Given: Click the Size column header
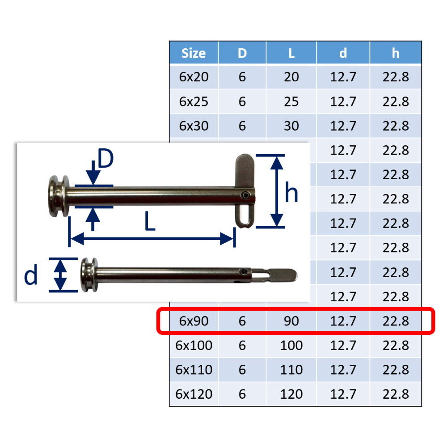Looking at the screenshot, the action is coord(194,53).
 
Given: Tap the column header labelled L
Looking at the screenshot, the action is coord(291,53).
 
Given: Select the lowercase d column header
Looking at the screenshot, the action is coord(343,53).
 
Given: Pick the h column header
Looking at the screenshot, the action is coord(396,53).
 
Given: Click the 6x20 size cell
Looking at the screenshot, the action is coord(194,77).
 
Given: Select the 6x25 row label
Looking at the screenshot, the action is coord(194,101).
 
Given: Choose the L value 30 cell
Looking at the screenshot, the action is coord(291,126).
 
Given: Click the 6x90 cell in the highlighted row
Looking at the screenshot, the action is coord(194,321).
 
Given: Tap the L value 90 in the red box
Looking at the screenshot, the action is coord(291,321).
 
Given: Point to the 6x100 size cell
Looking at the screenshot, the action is coord(194,345).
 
